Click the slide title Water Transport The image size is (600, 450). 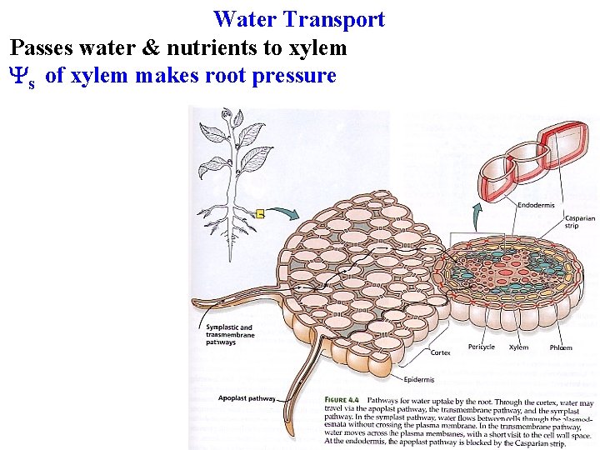click(298, 19)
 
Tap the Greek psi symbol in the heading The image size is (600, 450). click(19, 77)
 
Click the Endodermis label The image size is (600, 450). click(534, 205)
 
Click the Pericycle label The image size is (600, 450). click(482, 347)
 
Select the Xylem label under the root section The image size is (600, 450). click(518, 347)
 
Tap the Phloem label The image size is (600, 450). click(561, 347)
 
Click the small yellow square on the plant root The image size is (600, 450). click(260, 214)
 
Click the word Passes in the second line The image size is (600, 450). click(40, 48)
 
